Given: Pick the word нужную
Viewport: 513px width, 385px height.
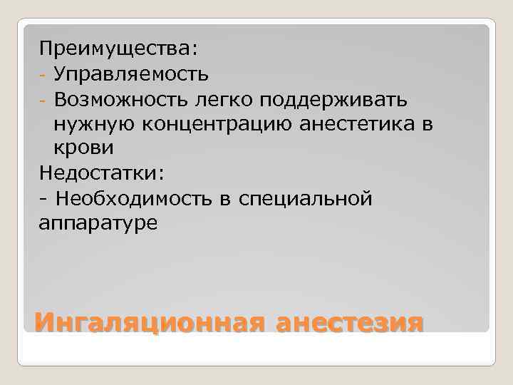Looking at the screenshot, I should click(90, 123).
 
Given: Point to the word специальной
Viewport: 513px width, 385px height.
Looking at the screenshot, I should click(306, 198).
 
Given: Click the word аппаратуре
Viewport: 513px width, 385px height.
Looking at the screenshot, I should click(99, 223).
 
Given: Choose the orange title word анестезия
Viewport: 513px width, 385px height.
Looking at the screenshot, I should click(350, 322).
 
